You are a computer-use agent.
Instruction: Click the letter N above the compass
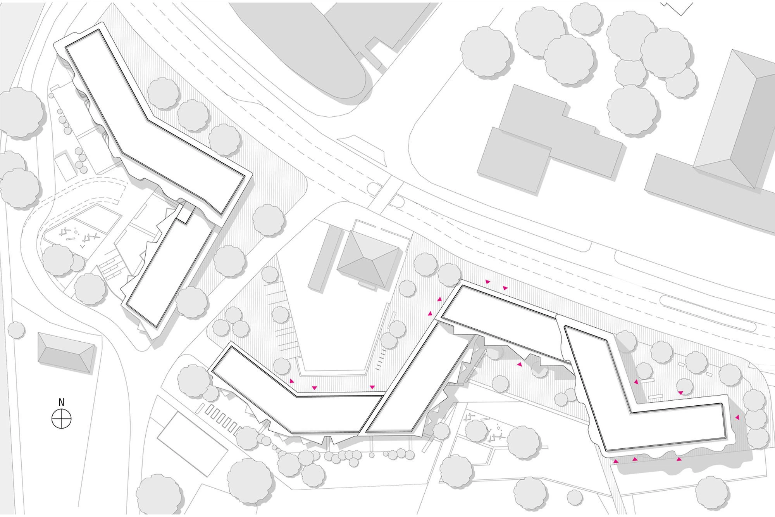point(61,402)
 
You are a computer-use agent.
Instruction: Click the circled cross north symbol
point(62,418)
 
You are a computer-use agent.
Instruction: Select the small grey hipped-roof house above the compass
point(66,353)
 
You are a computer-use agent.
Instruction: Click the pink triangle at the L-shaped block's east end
point(737,417)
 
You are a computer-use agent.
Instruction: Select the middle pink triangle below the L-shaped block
point(635,459)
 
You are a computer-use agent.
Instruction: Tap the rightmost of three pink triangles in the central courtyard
point(372,387)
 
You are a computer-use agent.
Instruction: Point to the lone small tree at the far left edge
point(16,330)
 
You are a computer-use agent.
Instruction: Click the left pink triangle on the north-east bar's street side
point(487,282)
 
